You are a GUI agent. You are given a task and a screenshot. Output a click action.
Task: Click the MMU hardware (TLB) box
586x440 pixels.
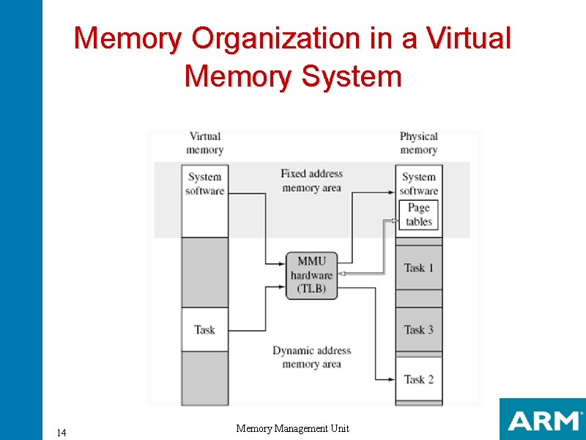click(312, 276)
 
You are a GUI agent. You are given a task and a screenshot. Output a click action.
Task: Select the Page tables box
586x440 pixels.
click(419, 215)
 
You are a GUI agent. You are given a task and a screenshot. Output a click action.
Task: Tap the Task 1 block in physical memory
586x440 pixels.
click(419, 268)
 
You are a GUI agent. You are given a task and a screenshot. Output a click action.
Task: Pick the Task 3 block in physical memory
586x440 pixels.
click(419, 329)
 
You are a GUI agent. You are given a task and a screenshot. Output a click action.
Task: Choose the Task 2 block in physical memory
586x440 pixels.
click(419, 379)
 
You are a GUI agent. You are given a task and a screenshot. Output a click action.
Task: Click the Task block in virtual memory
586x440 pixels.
click(205, 329)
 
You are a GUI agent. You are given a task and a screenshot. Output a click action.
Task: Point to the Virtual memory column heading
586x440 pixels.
click(205, 143)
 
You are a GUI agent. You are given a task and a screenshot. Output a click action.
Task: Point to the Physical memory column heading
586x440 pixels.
click(419, 143)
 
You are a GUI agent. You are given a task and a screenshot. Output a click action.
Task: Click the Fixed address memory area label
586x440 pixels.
click(311, 180)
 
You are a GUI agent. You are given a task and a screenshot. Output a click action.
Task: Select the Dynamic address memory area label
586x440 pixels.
click(311, 357)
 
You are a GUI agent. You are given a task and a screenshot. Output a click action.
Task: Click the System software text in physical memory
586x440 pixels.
click(419, 183)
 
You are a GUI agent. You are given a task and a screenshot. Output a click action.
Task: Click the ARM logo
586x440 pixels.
click(543, 420)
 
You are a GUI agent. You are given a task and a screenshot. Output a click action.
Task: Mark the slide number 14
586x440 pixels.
click(62, 433)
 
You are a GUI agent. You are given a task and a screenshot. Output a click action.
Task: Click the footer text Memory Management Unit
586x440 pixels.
click(293, 428)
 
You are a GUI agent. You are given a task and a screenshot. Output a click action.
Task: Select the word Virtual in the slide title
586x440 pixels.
click(464, 38)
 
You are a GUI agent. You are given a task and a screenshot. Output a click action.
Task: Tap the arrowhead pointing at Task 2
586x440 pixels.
click(391, 379)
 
